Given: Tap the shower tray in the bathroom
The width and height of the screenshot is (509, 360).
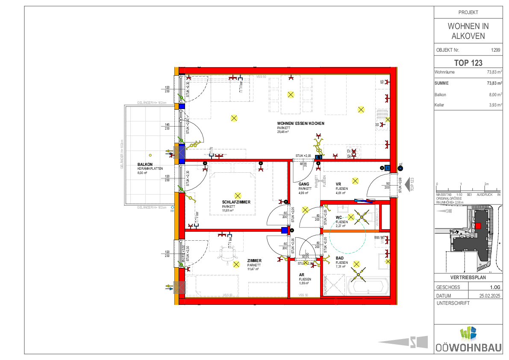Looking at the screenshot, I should (x=333, y=284).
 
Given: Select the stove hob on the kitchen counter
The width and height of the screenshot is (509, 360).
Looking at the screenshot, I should (x=354, y=152).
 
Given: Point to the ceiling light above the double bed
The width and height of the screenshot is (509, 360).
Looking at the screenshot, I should (x=238, y=196).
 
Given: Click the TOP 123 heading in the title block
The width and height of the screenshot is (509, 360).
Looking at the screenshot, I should (x=468, y=63).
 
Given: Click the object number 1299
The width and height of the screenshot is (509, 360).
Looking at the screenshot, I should (x=496, y=50).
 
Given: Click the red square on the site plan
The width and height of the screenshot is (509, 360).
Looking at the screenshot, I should (x=478, y=226).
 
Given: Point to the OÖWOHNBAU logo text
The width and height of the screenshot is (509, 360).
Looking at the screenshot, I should (x=468, y=348).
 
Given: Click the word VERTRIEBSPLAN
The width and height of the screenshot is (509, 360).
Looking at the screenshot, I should (x=468, y=277).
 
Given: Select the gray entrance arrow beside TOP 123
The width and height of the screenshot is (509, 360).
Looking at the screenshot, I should (x=408, y=184).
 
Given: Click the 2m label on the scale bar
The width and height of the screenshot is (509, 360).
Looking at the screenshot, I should (x=486, y=184).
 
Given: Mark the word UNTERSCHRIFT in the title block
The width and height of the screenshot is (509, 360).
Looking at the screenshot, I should (x=453, y=303).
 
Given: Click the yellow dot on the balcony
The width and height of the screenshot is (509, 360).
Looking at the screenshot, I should (x=150, y=155).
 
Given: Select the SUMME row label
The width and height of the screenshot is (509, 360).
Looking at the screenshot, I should (x=441, y=83).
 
